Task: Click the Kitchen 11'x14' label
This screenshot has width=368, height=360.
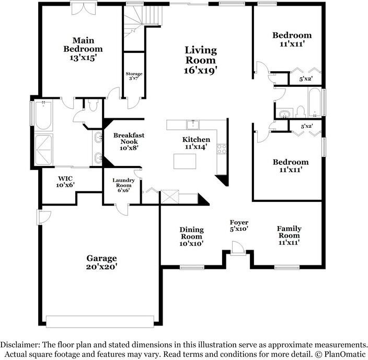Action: pos(196,143)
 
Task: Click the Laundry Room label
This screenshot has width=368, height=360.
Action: pos(124,184)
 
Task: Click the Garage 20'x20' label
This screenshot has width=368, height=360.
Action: pos(101,262)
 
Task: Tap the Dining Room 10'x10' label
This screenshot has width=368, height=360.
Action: pos(191,237)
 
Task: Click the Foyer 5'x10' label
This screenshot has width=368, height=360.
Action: pos(239,226)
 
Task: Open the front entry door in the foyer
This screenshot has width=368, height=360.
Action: pos(238,249)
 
